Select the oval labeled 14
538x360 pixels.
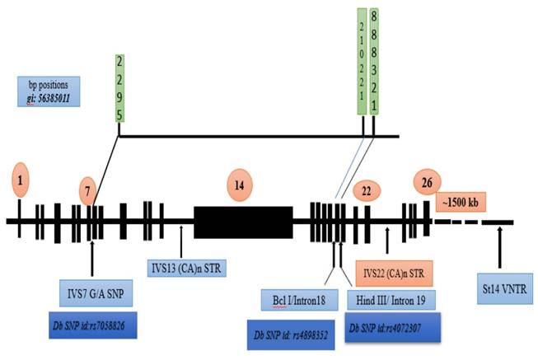(x=239, y=184)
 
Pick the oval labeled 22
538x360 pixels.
(x=366, y=191)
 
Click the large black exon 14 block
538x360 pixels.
(x=243, y=222)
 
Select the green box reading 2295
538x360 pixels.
(x=119, y=89)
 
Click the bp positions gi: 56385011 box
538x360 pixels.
(x=49, y=91)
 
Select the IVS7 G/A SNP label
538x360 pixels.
(x=91, y=293)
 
